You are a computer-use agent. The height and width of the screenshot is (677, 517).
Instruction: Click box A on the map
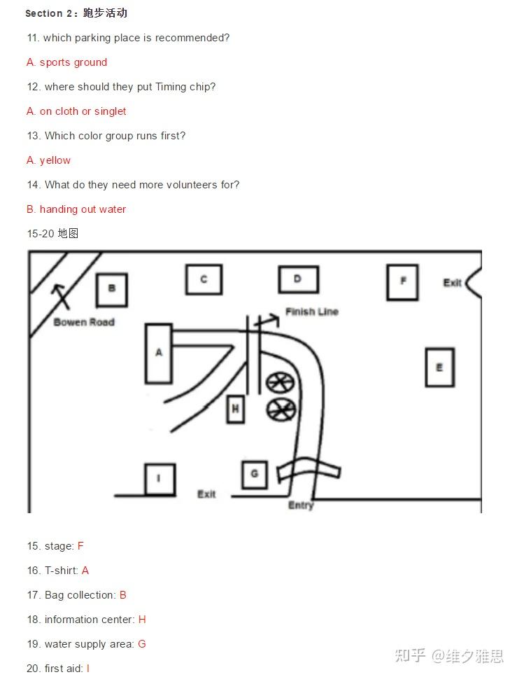(159, 354)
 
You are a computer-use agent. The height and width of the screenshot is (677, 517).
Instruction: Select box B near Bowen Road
(112, 290)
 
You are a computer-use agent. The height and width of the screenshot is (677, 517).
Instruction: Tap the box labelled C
(204, 280)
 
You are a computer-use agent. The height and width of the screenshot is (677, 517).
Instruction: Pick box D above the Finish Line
(299, 279)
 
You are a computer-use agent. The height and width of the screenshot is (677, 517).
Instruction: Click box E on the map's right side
(440, 368)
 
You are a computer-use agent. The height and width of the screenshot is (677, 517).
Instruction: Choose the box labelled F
(403, 282)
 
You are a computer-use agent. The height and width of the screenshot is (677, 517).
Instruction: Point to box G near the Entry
(255, 475)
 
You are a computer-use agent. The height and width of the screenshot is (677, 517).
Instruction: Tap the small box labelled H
(236, 408)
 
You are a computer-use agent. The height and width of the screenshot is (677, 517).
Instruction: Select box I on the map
(160, 479)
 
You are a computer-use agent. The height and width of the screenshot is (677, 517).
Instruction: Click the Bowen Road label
(84, 322)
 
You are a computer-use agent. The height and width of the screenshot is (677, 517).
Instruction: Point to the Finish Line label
(312, 312)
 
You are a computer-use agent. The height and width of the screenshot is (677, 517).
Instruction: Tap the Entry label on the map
(301, 505)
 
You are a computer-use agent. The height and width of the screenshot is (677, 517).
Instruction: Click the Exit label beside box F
(452, 283)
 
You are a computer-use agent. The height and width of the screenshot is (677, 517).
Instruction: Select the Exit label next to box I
(206, 494)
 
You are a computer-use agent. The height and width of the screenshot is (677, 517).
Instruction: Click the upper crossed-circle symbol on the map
(280, 383)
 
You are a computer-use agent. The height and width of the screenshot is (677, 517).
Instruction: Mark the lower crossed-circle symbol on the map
(281, 410)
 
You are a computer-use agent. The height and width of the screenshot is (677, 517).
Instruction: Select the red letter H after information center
(142, 620)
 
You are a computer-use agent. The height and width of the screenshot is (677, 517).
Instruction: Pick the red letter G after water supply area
(142, 644)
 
